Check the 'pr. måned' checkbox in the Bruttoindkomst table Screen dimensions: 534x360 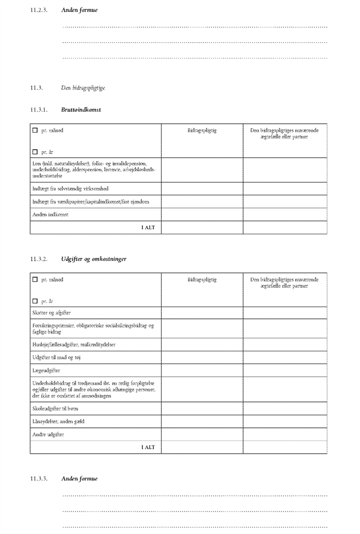[35, 130]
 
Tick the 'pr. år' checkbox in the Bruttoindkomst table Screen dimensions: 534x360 [35, 152]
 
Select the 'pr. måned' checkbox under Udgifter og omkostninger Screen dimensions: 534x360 [35, 279]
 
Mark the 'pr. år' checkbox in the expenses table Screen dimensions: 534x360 [35, 301]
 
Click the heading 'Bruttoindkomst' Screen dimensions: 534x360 [81, 110]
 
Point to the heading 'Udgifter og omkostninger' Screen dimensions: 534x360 [94, 258]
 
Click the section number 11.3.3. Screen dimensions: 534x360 [38, 478]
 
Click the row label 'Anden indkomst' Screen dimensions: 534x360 [50, 214]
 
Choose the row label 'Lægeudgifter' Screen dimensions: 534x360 [47, 371]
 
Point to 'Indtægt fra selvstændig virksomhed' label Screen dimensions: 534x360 [71, 189]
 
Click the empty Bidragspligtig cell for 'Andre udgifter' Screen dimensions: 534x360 [202, 434]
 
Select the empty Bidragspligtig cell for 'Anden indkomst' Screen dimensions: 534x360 [202, 214]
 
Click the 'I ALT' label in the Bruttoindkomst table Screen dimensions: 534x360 [148, 227]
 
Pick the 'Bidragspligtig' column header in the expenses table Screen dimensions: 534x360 [202, 279]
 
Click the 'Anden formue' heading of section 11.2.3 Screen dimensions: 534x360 [80, 10]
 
